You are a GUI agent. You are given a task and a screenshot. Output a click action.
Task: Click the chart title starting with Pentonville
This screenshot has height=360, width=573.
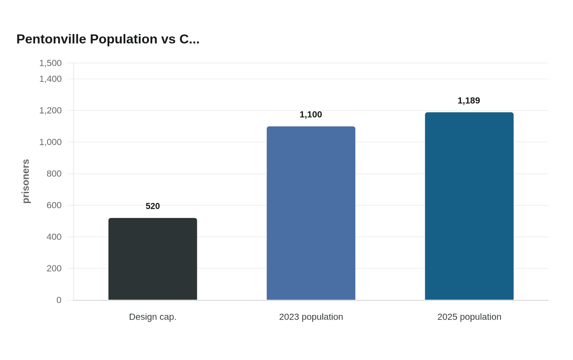point(108,39)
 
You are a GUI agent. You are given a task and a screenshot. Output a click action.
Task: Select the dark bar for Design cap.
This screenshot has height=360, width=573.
point(153,259)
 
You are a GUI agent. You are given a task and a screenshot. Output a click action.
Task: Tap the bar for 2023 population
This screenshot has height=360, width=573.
point(311,213)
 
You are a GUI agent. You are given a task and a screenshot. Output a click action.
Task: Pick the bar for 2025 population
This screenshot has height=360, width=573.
point(469,206)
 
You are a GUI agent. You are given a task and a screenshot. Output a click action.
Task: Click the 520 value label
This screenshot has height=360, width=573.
point(153,206)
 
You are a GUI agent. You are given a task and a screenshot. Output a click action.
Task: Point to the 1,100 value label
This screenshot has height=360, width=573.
point(311,115)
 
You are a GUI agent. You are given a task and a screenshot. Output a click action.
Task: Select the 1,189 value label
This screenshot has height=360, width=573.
point(469,101)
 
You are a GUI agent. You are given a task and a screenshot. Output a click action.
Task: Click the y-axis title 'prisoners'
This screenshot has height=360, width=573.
point(26,181)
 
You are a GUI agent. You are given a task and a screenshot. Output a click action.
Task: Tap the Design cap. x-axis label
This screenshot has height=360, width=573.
point(153,317)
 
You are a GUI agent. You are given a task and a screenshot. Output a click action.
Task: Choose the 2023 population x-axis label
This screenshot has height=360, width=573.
point(311,317)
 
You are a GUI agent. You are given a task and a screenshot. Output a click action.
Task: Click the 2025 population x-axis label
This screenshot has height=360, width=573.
point(469,317)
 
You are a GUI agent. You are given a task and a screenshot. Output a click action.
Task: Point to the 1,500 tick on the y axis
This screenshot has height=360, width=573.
point(50,63)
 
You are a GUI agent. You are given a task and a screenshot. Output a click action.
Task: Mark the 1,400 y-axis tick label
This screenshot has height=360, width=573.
point(50,79)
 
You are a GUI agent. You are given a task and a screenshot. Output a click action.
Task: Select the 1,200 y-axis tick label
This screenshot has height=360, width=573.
point(50,110)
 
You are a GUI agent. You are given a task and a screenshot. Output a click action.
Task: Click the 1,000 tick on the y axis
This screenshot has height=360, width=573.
point(50,142)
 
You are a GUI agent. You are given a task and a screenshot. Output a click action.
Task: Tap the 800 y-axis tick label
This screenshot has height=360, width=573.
point(54,173)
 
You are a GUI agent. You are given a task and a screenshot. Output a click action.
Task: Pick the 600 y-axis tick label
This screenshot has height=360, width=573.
point(54,205)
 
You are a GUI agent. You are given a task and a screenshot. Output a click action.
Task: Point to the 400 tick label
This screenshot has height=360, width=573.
point(54,237)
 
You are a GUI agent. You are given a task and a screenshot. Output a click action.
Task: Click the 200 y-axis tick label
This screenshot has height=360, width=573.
point(54,268)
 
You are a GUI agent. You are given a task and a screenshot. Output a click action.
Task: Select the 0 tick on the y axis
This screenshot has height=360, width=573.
point(59,300)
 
